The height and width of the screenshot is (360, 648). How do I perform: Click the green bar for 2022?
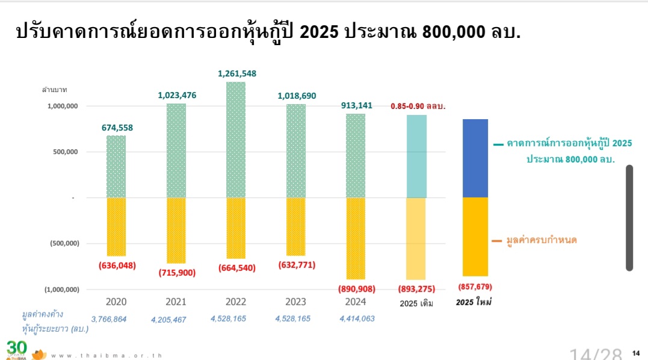(236, 140)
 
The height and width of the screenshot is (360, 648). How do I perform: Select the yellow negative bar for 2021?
(176, 230)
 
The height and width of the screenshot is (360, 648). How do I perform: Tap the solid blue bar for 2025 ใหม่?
(475, 158)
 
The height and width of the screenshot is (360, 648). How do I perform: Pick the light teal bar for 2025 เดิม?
(416, 157)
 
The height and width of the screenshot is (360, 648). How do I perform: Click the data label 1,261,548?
(236, 73)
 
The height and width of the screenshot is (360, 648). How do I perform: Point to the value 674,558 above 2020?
(116, 127)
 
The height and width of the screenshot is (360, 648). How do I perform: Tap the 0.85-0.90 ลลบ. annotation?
(418, 106)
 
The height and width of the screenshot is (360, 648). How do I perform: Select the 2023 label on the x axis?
(295, 302)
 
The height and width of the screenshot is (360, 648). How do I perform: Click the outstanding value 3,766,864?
(109, 319)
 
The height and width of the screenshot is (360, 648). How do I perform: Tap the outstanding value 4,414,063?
(357, 318)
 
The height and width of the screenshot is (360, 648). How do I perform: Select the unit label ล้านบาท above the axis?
(55, 90)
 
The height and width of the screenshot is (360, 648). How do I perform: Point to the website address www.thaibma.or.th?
(106, 355)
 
